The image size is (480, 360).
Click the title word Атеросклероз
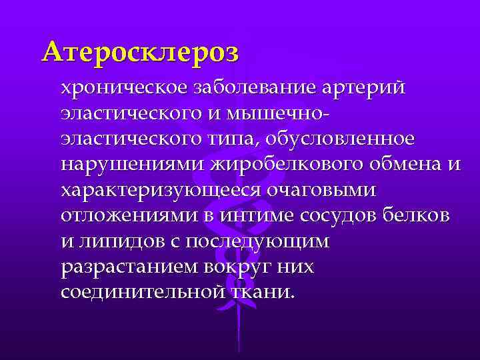pyautogui.click(x=139, y=51)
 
